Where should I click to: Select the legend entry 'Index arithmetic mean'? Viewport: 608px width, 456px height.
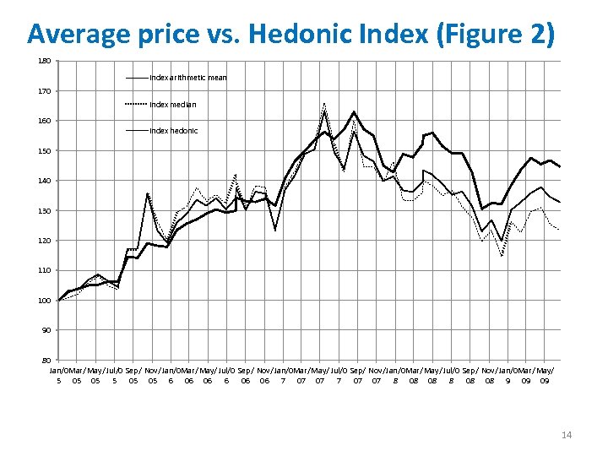pos(187,78)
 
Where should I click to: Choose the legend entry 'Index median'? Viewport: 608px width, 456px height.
pos(172,105)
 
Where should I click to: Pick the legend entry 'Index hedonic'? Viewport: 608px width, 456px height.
pos(173,131)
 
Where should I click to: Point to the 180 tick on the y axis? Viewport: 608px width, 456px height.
pos(45,61)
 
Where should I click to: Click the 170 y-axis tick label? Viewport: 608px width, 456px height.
pos(45,90)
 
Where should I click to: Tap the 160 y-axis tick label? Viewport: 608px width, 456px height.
pos(45,121)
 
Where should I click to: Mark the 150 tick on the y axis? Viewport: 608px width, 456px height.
pos(45,150)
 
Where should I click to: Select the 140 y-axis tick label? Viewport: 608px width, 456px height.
pos(45,181)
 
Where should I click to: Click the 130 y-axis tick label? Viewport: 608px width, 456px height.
pos(45,210)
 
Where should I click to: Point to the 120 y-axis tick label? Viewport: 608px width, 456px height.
pos(45,241)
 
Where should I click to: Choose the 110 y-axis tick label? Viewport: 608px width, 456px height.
pos(45,270)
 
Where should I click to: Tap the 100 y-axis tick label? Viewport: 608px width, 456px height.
pos(45,301)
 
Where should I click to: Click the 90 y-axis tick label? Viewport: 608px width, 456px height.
pos(46,330)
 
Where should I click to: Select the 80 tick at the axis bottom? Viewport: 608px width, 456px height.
pos(46,361)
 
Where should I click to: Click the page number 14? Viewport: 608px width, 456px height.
pos(567,435)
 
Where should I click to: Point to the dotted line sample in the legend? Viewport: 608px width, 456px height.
pos(137,105)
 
